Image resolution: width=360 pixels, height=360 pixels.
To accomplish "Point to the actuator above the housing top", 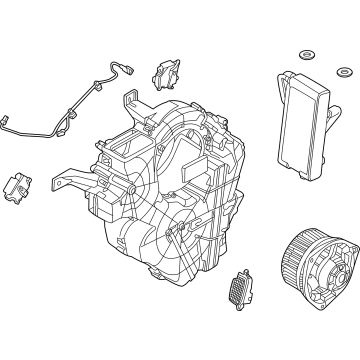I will pos(165,75).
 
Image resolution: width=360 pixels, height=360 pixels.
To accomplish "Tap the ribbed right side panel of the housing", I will pos(225,190).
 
